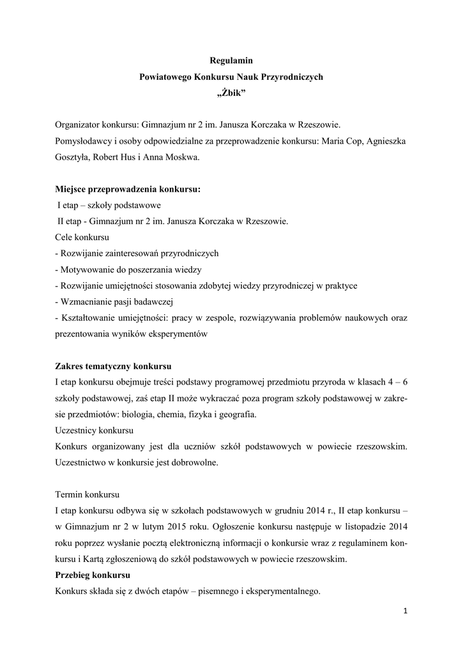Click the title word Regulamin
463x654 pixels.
[231, 61]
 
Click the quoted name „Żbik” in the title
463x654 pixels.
[231, 93]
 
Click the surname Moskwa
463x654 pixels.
[181, 156]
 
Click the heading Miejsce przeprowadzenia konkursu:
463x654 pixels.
[128, 190]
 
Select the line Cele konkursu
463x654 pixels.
[82, 237]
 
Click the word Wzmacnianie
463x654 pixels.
[86, 301]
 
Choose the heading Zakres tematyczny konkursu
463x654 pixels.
[113, 367]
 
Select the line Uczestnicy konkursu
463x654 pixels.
[93, 430]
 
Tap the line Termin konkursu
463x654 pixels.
[87, 495]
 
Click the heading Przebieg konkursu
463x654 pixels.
[93, 575]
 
